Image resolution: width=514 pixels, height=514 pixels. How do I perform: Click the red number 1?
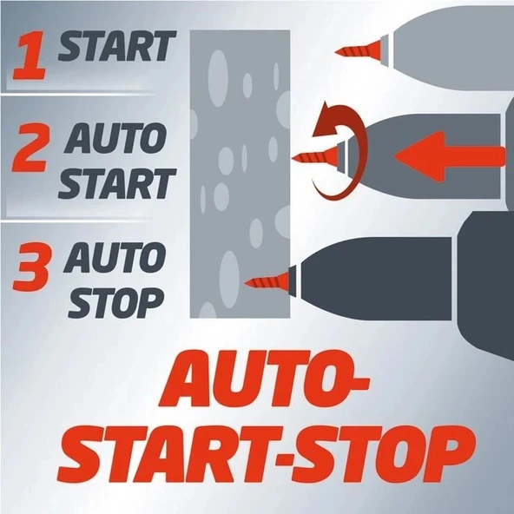coord(30,55)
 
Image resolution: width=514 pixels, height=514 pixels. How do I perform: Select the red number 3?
coord(32,267)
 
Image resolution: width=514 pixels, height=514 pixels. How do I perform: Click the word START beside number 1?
coord(117,46)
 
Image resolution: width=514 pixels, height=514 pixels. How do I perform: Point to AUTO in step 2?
coord(115,138)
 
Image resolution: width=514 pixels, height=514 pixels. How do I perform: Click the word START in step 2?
coord(117,184)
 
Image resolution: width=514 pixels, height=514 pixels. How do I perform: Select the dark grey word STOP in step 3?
coord(115,303)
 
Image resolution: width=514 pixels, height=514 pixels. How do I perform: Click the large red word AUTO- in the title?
coord(264,379)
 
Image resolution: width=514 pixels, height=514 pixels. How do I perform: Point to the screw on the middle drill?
coord(314,157)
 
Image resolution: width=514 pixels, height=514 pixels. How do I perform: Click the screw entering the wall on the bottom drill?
coord(267,280)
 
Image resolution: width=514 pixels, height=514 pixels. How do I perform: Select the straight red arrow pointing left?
coord(450,156)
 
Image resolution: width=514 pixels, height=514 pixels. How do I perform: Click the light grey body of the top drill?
coord(452,49)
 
